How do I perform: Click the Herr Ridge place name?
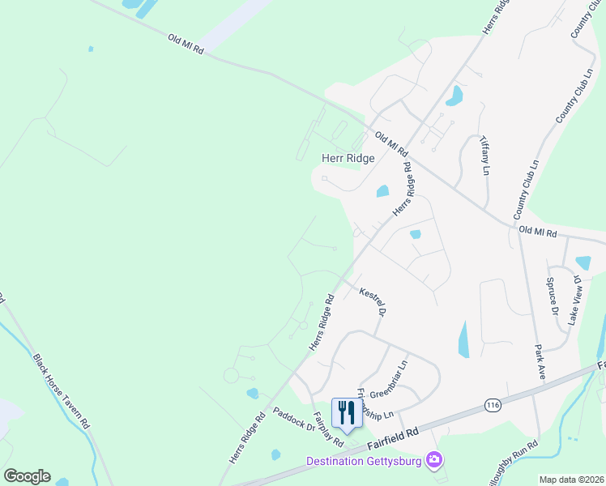click(x=348, y=159)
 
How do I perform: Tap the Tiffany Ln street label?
click(x=484, y=155)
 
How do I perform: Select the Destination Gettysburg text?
click(x=366, y=461)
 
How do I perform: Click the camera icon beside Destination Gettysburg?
click(x=435, y=460)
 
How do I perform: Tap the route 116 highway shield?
click(x=492, y=404)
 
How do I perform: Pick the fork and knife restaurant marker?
click(x=346, y=412)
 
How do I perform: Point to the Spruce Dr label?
click(x=552, y=296)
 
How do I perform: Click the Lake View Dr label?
click(x=575, y=300)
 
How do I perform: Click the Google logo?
click(x=27, y=475)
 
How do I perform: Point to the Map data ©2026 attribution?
click(x=570, y=480)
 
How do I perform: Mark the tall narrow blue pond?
click(x=463, y=339)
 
